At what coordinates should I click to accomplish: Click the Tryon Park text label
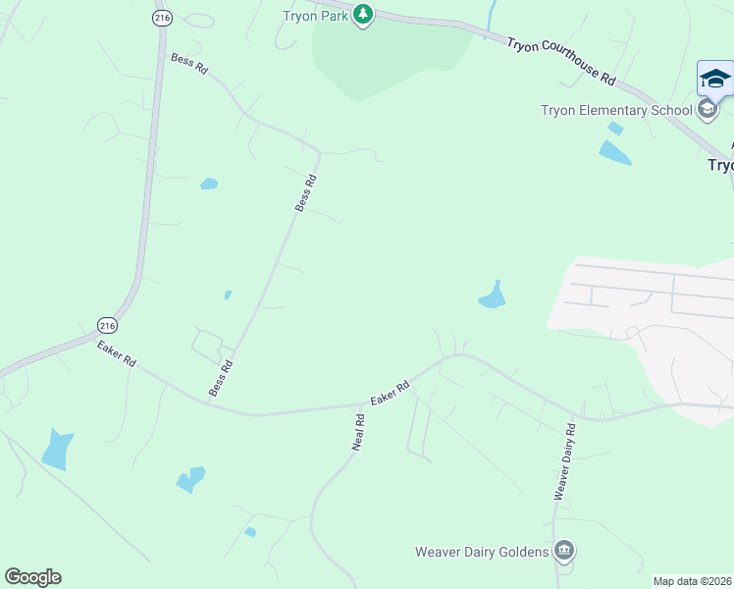[x=316, y=15]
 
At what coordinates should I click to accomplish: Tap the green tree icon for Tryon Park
[x=363, y=15]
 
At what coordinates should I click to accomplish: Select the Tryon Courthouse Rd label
[x=562, y=61]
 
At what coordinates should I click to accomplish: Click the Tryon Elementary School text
[x=616, y=110]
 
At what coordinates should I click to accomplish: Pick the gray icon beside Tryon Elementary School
[x=708, y=109]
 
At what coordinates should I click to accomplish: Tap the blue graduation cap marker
[x=715, y=79]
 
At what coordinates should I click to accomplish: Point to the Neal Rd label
[x=359, y=433]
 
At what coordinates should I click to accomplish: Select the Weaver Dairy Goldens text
[x=482, y=552]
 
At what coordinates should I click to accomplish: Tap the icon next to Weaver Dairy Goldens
[x=563, y=551]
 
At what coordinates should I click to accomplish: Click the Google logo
[x=32, y=577]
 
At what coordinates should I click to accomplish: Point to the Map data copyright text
[x=692, y=581]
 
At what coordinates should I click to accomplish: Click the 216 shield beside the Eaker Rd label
[x=107, y=325]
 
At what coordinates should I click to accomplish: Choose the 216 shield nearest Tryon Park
[x=160, y=18]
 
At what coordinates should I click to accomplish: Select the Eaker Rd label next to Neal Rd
[x=390, y=395]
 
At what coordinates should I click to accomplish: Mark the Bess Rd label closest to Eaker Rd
[x=221, y=378]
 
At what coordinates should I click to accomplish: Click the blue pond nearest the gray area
[x=493, y=295]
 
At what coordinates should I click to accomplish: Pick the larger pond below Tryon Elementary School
[x=614, y=152]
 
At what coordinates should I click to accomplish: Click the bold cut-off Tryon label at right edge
[x=720, y=165]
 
